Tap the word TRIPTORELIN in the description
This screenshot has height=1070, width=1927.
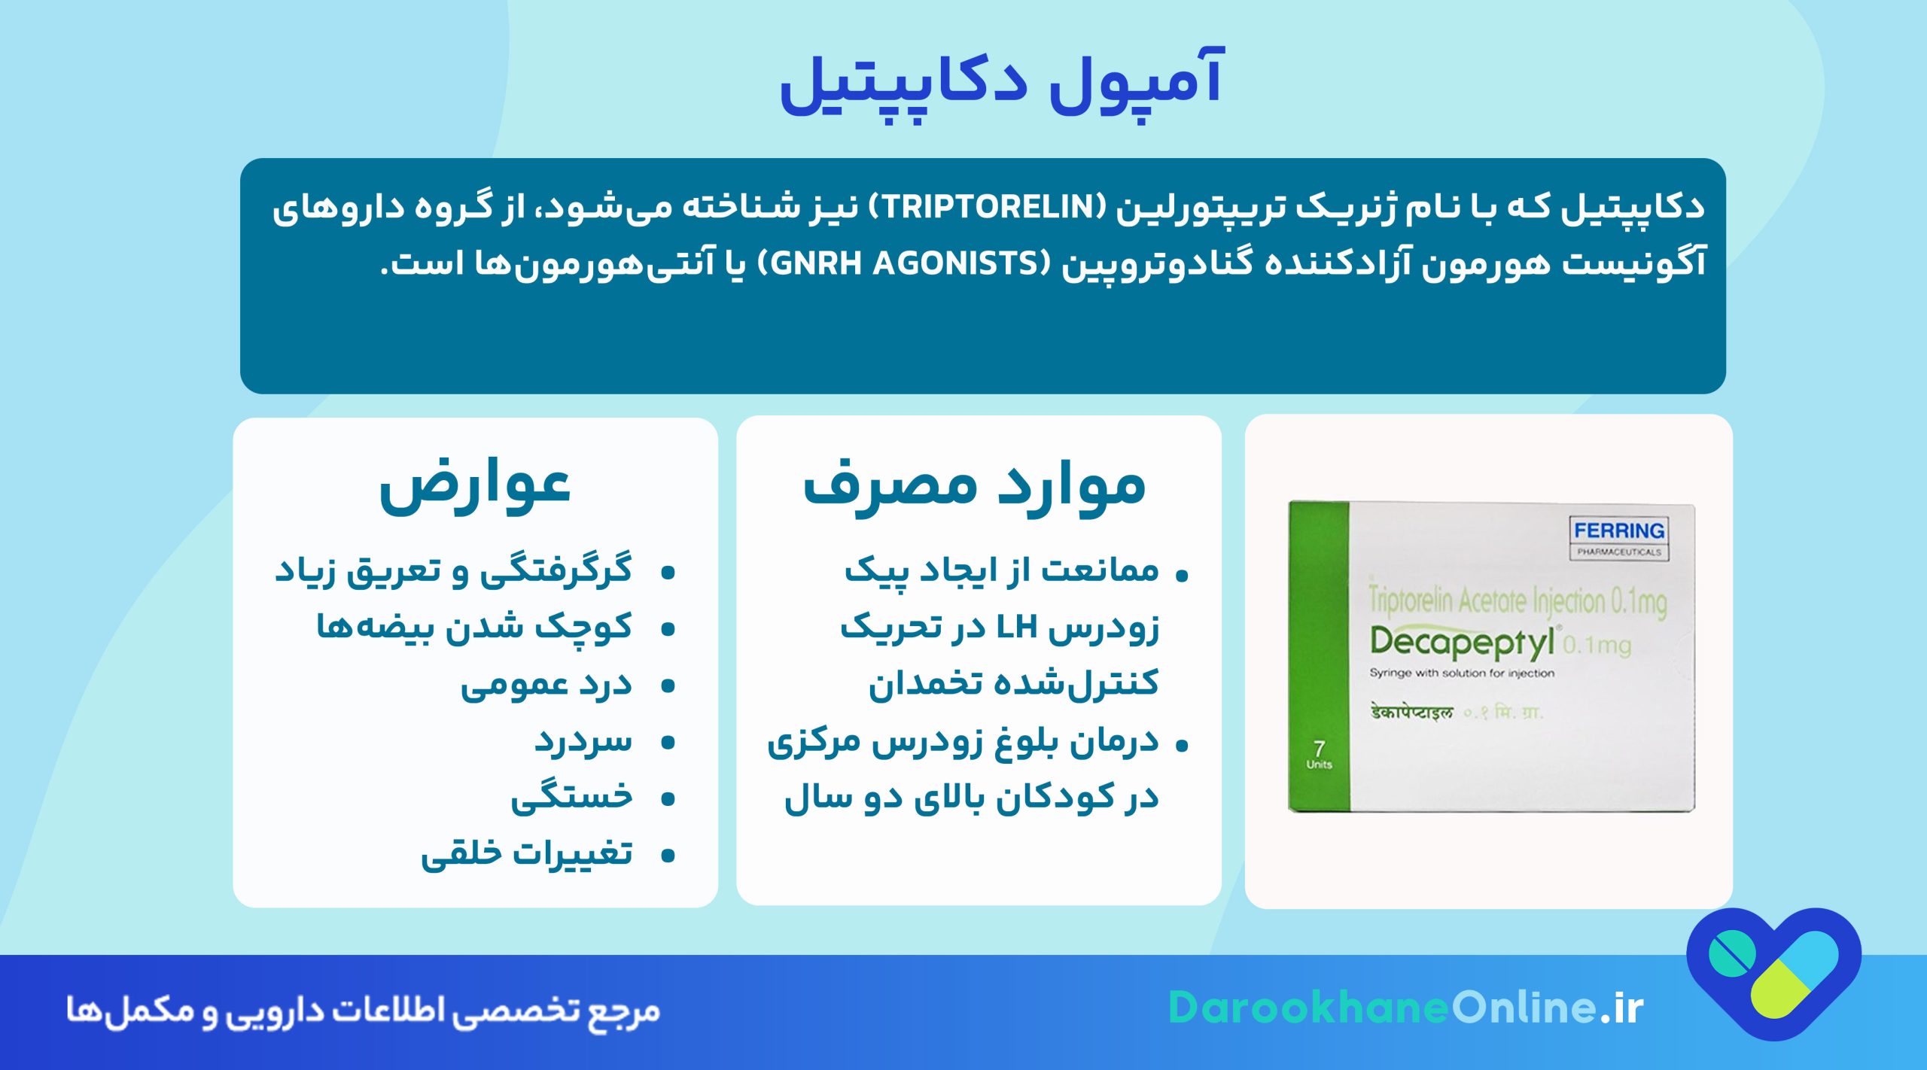pyautogui.click(x=987, y=207)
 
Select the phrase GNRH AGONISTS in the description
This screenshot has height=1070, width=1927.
pyautogui.click(x=903, y=263)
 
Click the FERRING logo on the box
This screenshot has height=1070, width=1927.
pyautogui.click(x=1618, y=531)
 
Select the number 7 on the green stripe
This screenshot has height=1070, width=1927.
pyautogui.click(x=1319, y=748)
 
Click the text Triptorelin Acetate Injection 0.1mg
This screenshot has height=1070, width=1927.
pyautogui.click(x=1517, y=601)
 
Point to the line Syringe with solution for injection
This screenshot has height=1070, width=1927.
pyautogui.click(x=1461, y=673)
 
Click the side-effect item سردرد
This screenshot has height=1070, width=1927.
pyautogui.click(x=583, y=741)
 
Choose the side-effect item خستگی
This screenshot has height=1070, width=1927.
pyautogui.click(x=572, y=798)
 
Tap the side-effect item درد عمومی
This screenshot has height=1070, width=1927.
pyautogui.click(x=546, y=685)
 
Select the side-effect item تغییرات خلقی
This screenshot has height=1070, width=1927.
pyautogui.click(x=527, y=854)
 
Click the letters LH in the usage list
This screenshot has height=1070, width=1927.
pyautogui.click(x=1016, y=627)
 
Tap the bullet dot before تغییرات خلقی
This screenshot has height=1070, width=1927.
pyautogui.click(x=667, y=856)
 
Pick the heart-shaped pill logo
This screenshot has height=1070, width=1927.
pyautogui.click(x=1773, y=971)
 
